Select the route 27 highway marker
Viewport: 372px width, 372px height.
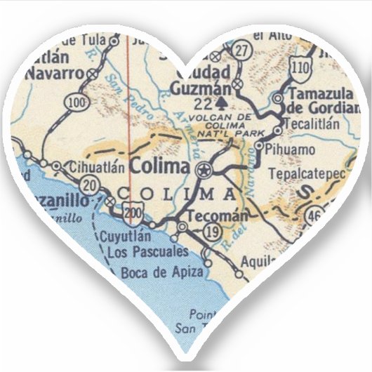[242, 51]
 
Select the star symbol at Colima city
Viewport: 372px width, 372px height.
[204, 169]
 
